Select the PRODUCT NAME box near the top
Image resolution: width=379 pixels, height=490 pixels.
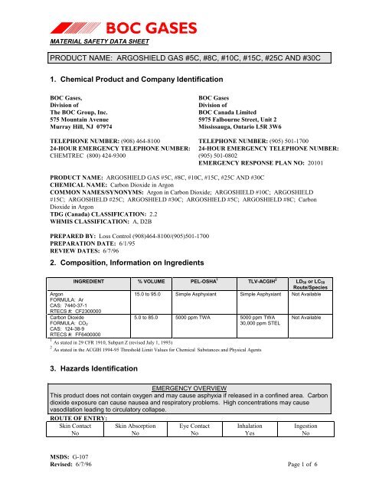point(189,58)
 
